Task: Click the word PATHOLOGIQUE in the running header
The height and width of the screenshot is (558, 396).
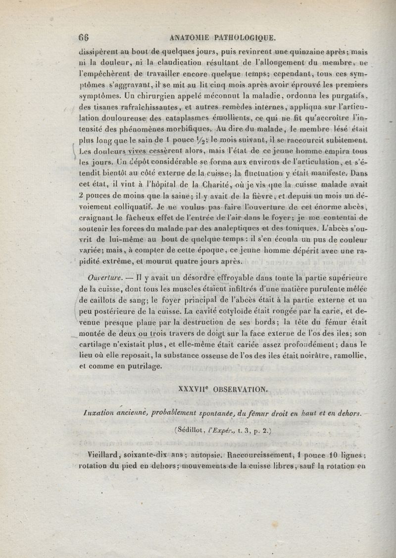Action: [x=246, y=37]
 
